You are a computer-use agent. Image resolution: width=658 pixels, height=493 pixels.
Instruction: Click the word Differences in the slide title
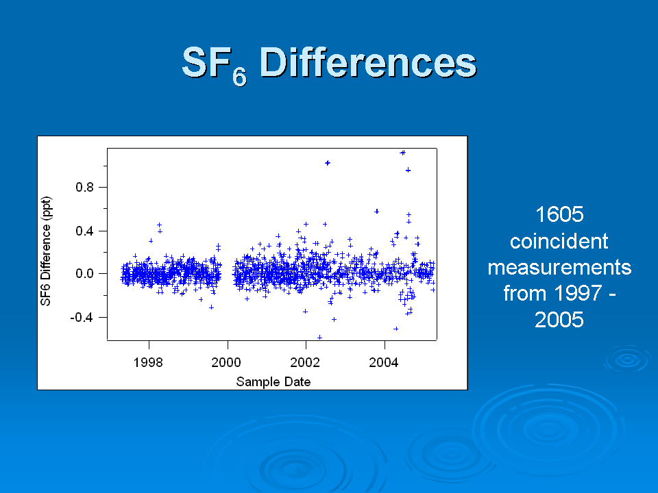[368, 62]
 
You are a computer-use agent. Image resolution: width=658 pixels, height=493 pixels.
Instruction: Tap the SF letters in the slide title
[206, 62]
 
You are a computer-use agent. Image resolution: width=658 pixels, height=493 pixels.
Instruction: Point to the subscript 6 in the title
[240, 77]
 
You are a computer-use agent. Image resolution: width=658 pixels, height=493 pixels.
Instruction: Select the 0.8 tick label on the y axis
[84, 187]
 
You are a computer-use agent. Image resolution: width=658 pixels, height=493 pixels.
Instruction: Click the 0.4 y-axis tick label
[84, 231]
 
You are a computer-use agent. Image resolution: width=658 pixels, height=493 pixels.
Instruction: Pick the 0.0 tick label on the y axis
[84, 274]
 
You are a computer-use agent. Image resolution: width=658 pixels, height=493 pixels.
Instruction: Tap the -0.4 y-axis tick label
[82, 317]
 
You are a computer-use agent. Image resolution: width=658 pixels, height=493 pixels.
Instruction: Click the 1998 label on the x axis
[148, 362]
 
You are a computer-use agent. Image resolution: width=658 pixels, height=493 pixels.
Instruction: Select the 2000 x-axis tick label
[226, 362]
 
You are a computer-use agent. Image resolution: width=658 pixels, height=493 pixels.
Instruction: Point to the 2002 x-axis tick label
[305, 362]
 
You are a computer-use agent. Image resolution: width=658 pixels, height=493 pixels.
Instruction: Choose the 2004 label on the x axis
[384, 362]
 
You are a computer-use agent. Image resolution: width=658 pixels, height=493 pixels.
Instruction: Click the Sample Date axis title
[273, 382]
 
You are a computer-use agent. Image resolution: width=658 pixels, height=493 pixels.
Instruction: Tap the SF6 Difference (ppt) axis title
[45, 251]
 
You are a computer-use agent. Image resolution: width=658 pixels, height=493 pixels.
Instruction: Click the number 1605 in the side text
[559, 214]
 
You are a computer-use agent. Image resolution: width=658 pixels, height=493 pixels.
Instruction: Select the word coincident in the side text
[559, 241]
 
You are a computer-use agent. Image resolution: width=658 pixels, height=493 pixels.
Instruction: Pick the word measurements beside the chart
[559, 268]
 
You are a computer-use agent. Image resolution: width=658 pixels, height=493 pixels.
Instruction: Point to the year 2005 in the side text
[559, 320]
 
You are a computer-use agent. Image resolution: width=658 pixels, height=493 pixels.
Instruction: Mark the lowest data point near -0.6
[320, 338]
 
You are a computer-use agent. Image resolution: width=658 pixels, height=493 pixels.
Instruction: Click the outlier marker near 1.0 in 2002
[328, 163]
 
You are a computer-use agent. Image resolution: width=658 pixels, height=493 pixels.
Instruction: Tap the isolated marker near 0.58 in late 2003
[377, 212]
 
